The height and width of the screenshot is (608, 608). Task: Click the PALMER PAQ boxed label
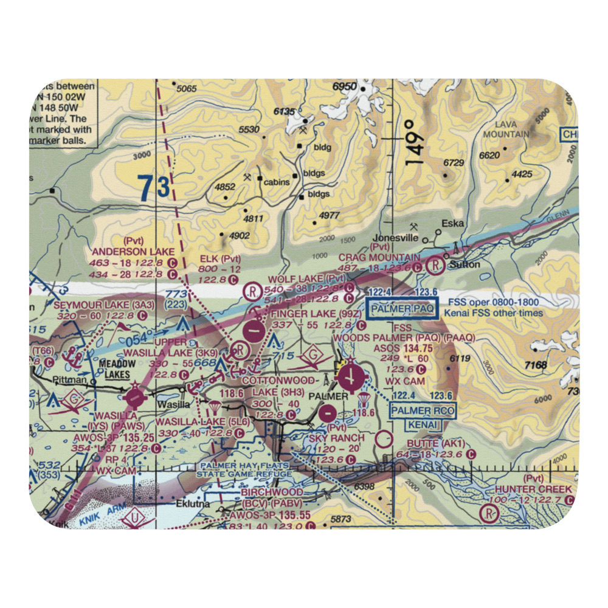[402, 309]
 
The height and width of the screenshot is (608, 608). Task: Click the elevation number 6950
[344, 86]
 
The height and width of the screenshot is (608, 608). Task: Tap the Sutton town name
[467, 265]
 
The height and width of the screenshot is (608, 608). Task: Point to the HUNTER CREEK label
[533, 489]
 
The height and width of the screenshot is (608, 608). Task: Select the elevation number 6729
[454, 163]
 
